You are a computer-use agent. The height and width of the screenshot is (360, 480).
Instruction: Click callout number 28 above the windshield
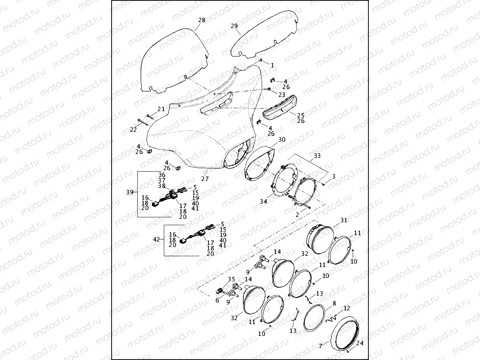click(x=202, y=20)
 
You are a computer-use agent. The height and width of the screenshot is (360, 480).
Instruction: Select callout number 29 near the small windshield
click(x=234, y=26)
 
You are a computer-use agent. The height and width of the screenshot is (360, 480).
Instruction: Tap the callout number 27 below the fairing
click(x=205, y=179)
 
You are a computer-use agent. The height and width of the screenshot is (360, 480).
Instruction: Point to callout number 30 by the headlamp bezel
click(x=281, y=140)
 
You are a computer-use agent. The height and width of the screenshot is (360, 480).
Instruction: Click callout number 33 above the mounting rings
click(x=317, y=155)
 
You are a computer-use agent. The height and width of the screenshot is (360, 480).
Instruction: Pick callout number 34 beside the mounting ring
click(x=263, y=202)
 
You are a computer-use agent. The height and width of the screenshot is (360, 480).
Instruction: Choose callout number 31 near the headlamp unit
click(x=343, y=220)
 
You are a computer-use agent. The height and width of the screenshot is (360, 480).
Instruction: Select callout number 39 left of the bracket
click(x=130, y=192)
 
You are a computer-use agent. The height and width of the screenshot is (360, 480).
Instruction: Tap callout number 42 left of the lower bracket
click(x=157, y=239)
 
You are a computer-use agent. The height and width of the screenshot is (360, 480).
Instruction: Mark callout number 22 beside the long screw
click(x=133, y=129)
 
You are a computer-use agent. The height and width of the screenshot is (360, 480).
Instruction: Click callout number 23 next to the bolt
click(x=282, y=94)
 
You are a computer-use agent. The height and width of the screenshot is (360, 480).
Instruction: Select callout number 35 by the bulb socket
click(x=231, y=279)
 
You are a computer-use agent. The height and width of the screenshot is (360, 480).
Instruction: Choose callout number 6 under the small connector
click(x=217, y=300)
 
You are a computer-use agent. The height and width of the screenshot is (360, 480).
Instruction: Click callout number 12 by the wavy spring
click(x=347, y=308)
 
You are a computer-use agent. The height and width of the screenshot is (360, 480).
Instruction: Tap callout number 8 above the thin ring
click(x=334, y=303)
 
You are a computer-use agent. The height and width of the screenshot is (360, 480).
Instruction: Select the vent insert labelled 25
click(x=278, y=105)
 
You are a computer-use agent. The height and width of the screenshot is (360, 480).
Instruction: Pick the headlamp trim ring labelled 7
click(x=347, y=334)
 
